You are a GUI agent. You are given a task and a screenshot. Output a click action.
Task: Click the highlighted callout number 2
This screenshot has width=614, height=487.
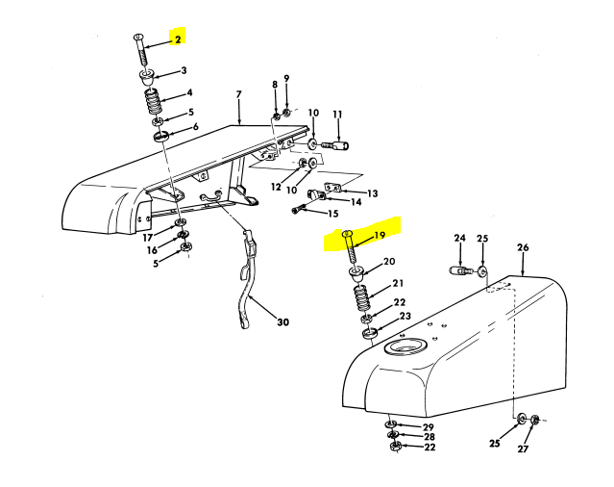tap(176, 39)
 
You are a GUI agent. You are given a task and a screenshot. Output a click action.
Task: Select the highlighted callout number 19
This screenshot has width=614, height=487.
tap(380, 236)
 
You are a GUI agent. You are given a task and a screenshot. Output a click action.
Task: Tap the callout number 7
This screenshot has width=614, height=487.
tap(239, 94)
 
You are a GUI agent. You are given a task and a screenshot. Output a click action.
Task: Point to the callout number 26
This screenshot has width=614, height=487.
tap(523, 247)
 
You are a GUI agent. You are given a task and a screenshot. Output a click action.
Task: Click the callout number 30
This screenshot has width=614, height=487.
tap(282, 322)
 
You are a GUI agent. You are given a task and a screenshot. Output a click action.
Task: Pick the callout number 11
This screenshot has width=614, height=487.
tap(337, 115)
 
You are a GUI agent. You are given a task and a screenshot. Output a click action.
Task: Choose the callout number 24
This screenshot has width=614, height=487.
tap(459, 238)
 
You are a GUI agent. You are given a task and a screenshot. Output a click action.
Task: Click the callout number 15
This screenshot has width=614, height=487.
tap(334, 213)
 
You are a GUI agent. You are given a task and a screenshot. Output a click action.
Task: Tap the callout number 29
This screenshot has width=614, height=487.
tap(429, 426)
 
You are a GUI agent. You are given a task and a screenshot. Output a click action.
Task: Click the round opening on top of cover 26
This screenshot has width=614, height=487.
tap(406, 348)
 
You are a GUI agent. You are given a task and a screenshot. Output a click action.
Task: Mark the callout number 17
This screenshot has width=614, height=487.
tap(148, 238)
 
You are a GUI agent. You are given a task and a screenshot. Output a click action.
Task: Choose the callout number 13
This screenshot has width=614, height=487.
tap(373, 193)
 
